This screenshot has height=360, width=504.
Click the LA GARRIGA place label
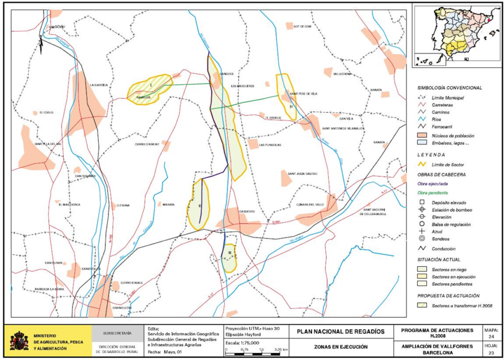(98, 85)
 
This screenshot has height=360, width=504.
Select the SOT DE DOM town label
(303, 27)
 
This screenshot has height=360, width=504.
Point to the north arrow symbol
(41, 47)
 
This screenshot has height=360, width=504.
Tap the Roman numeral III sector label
(230, 253)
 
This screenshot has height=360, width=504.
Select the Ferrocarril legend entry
(442, 127)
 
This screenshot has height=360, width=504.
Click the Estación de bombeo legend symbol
(422, 210)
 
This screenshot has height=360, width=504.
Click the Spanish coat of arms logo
(19, 340)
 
